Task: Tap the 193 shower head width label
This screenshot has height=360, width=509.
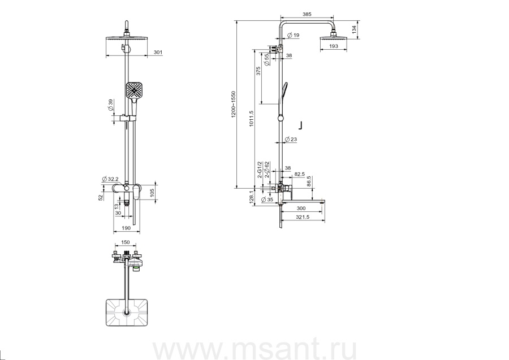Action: (x=334, y=46)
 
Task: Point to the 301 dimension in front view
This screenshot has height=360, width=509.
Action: (x=158, y=52)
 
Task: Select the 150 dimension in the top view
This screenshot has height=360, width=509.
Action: (x=126, y=242)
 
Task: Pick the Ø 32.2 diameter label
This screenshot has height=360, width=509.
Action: (x=109, y=179)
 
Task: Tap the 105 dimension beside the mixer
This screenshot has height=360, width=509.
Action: (x=152, y=193)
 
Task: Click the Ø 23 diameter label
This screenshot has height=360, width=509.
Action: (x=291, y=139)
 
